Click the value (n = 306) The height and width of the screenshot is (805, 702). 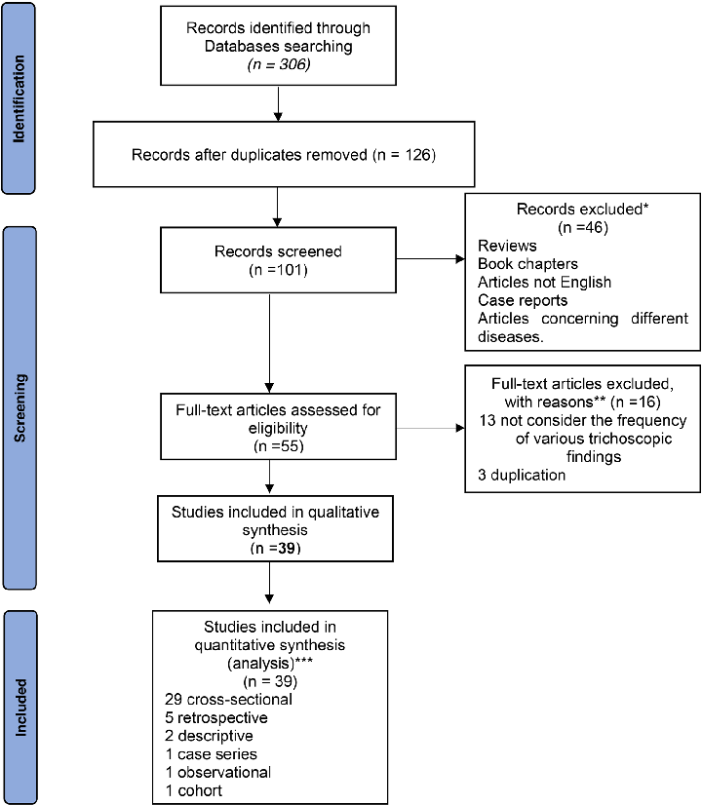click(279, 65)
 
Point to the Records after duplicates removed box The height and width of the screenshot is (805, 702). click(279, 155)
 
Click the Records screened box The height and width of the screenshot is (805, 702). click(278, 260)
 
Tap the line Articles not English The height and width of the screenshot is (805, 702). click(544, 282)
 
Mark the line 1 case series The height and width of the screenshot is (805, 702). click(212, 754)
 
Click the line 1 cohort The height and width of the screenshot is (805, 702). click(194, 789)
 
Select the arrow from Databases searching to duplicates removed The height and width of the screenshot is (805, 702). click(279, 103)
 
